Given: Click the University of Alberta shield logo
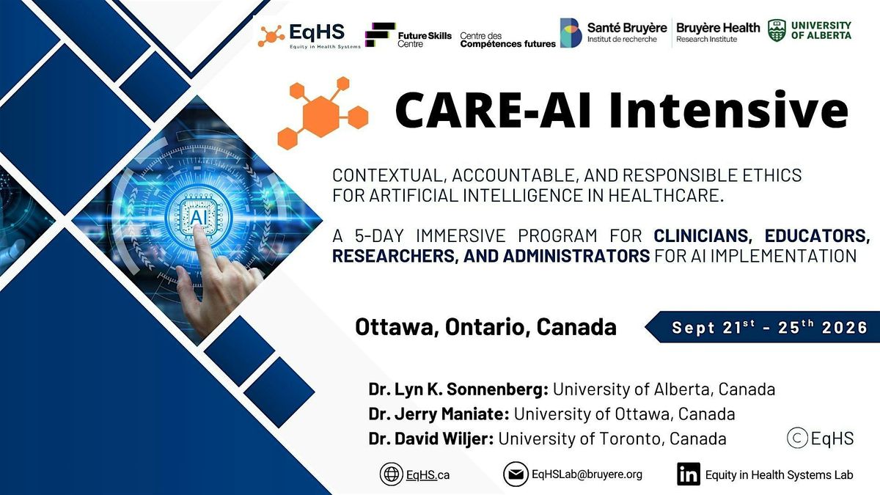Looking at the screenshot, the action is click(777, 31).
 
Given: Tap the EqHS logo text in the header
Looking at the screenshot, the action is click(317, 32).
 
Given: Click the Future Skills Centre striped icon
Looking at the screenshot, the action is click(380, 35).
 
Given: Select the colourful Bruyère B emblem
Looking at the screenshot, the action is click(571, 33).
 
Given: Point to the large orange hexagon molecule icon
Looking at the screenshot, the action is click(323, 113).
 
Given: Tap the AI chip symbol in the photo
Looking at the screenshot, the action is click(199, 217).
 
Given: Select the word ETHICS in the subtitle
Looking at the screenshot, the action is click(771, 175).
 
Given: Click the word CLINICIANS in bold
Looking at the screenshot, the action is click(703, 235).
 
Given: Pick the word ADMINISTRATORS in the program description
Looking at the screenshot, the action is click(576, 256).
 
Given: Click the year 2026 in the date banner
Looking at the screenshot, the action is click(845, 328).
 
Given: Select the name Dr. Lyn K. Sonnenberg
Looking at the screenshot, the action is click(458, 389).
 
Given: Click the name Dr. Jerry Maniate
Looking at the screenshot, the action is click(439, 414).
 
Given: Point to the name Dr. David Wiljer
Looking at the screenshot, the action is click(431, 439).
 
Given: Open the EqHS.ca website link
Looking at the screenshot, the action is click(428, 475).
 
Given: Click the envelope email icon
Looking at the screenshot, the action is click(516, 474).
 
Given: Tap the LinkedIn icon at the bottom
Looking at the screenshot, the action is click(689, 474).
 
